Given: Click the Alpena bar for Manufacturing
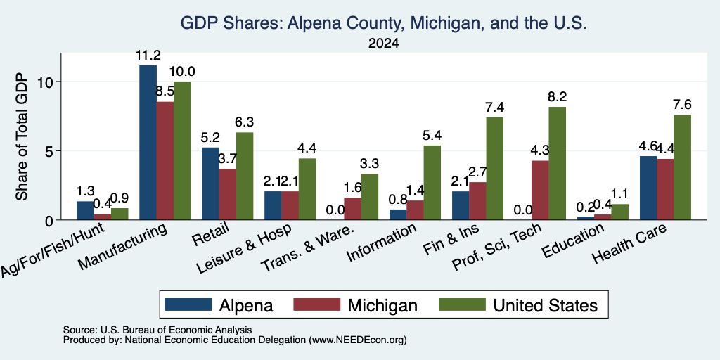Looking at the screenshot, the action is [x=148, y=142].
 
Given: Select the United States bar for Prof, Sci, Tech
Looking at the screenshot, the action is [x=557, y=163].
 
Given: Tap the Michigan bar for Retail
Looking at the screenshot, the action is [x=228, y=194].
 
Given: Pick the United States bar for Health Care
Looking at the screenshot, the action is [x=682, y=167].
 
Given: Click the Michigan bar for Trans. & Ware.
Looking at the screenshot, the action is [x=353, y=209].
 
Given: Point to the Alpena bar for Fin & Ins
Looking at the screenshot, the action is [x=461, y=206].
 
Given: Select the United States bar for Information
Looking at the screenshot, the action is [x=432, y=183].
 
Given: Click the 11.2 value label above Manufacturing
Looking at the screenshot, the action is [x=148, y=56].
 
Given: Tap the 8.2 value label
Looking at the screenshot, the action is [x=557, y=97].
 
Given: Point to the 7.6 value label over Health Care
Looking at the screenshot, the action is [x=682, y=105].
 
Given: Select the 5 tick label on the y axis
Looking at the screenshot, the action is [x=50, y=151].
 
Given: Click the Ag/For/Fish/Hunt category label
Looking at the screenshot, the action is [x=53, y=250].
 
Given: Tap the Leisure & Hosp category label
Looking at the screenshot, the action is [x=244, y=250].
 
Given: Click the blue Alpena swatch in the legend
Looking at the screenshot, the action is [x=188, y=304].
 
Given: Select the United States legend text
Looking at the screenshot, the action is [x=546, y=305].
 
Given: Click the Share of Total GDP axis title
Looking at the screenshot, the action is [x=22, y=137].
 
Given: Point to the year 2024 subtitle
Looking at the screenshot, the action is [x=383, y=44].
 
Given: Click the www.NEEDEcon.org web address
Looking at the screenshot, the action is [x=358, y=340].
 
